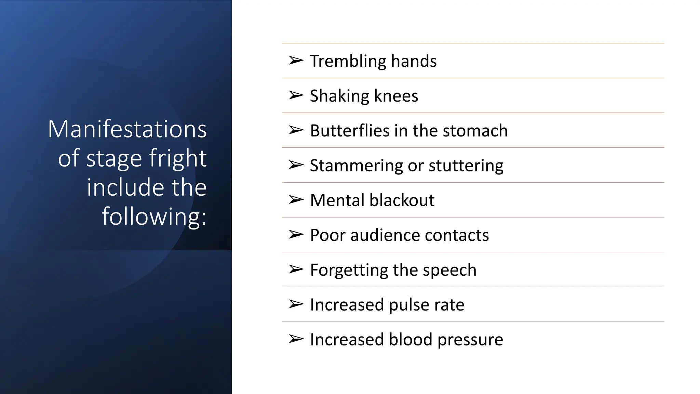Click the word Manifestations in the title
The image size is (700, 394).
point(127,129)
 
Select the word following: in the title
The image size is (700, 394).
point(154,216)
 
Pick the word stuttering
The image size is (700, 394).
point(466,166)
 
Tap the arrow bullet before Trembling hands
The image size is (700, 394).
point(296,61)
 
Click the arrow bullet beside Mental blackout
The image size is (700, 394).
point(296,199)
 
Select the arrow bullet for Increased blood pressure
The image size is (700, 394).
point(296,339)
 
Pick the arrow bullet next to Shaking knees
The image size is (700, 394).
point(296,95)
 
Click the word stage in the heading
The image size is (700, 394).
point(114,158)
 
